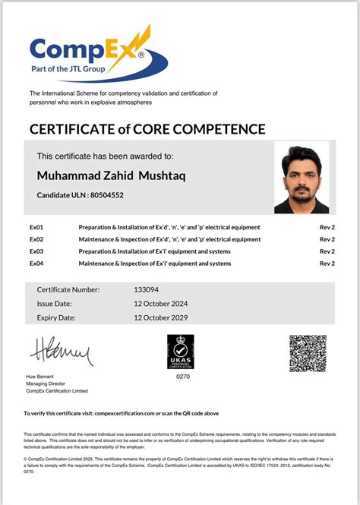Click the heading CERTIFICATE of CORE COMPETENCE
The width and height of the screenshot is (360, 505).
tap(147, 128)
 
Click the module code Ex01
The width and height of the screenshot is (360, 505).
tap(36, 227)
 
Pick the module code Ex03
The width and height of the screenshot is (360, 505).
tap(36, 251)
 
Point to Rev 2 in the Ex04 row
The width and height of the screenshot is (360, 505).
tap(327, 264)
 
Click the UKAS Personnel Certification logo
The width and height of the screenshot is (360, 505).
tap(180, 351)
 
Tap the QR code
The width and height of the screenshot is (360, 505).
tap(308, 353)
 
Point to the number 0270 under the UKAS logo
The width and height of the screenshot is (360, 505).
tap(182, 377)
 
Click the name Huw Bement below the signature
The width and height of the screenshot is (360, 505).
tap(41, 377)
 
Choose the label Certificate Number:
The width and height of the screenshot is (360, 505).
tap(68, 289)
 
